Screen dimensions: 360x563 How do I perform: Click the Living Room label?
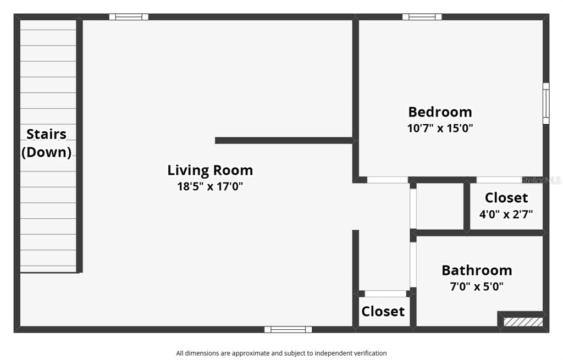point(210,170)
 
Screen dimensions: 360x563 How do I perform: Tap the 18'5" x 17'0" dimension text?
point(210,186)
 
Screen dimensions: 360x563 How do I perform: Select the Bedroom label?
point(440,112)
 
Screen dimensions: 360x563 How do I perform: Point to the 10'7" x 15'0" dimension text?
point(440,128)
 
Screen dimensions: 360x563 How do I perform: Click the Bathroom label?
point(477,270)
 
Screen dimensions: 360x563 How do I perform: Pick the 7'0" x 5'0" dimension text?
point(477,286)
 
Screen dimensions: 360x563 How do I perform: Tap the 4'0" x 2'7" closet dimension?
point(506,214)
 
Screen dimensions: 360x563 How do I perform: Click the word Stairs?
point(47,134)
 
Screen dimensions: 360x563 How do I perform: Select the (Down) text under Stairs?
point(47,152)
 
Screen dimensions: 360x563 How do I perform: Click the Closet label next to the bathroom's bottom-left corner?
point(383,312)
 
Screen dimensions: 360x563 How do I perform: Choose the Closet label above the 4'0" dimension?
point(506,198)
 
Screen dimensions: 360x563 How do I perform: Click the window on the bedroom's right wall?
point(546,103)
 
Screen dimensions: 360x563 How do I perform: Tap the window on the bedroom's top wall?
point(422,17)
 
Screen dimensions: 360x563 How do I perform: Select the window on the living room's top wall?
point(129,17)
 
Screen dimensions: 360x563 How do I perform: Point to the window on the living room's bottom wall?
point(288,330)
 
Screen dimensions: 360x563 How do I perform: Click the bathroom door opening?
point(413,264)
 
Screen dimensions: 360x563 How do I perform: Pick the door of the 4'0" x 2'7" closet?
point(498,180)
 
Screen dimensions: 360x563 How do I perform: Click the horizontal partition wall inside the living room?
point(284,141)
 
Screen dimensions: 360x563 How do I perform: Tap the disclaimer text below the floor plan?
point(281,353)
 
